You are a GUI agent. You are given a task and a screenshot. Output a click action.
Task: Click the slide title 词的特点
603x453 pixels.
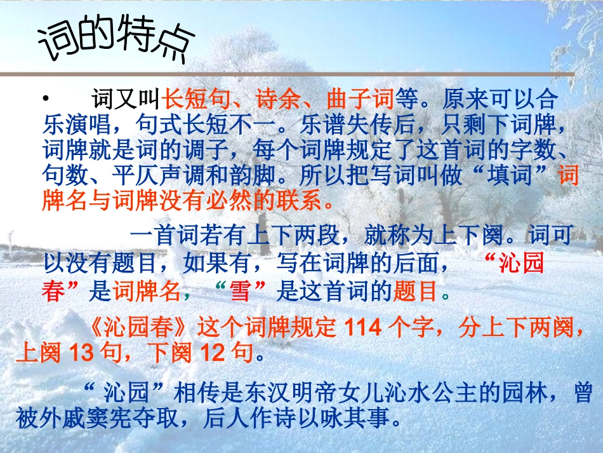pos(113,42)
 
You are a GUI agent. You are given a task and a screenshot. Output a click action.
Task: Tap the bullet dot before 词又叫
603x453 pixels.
pos(45,98)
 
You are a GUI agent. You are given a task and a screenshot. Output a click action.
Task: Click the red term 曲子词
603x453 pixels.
pos(360,98)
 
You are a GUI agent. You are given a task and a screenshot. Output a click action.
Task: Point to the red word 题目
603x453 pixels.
pos(420,292)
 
